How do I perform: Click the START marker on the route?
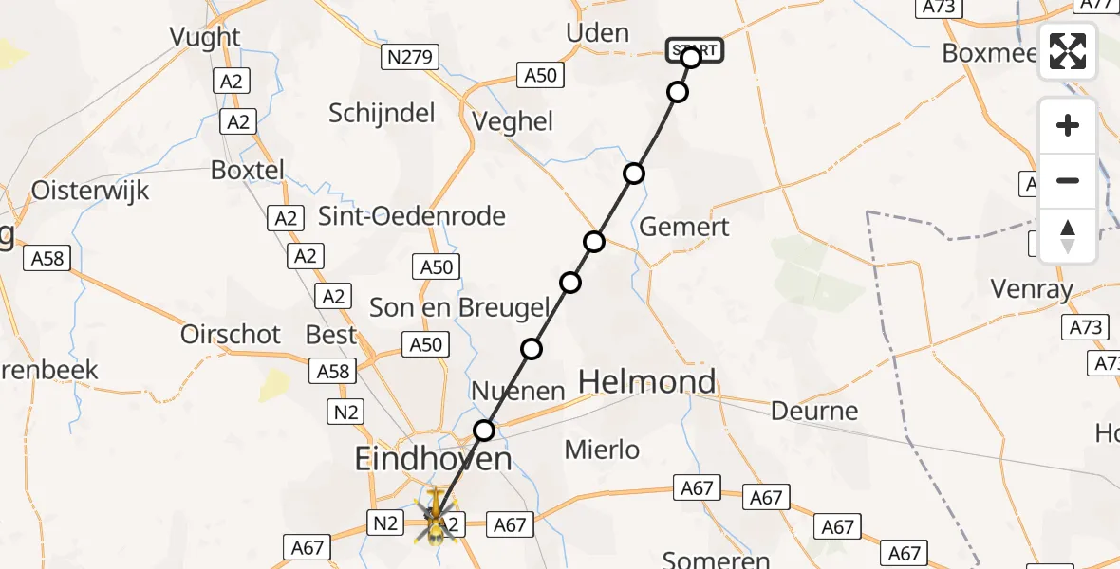point(695,50)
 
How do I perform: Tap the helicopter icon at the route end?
point(436,517)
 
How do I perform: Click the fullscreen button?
point(1068,51)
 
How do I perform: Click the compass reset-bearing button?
point(1068,236)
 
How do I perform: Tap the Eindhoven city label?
point(433,460)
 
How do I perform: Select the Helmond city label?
point(647,382)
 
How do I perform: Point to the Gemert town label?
point(684,227)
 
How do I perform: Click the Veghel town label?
point(513,121)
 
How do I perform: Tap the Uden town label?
point(597,33)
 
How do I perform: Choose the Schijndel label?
point(382,114)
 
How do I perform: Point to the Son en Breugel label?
point(459,307)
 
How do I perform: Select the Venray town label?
point(1032,288)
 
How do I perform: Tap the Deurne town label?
point(814,412)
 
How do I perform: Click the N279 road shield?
point(410,58)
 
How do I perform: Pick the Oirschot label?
point(231,335)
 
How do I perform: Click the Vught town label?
point(205,37)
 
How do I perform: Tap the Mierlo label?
point(602,450)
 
